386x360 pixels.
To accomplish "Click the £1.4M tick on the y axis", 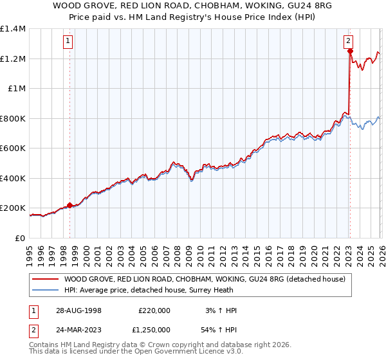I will [x=13, y=29].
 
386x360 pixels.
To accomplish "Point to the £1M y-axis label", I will [x=16, y=89].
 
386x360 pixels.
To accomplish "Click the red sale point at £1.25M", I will [x=349, y=51].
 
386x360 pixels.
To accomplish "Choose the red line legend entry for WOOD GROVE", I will [x=205, y=279].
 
